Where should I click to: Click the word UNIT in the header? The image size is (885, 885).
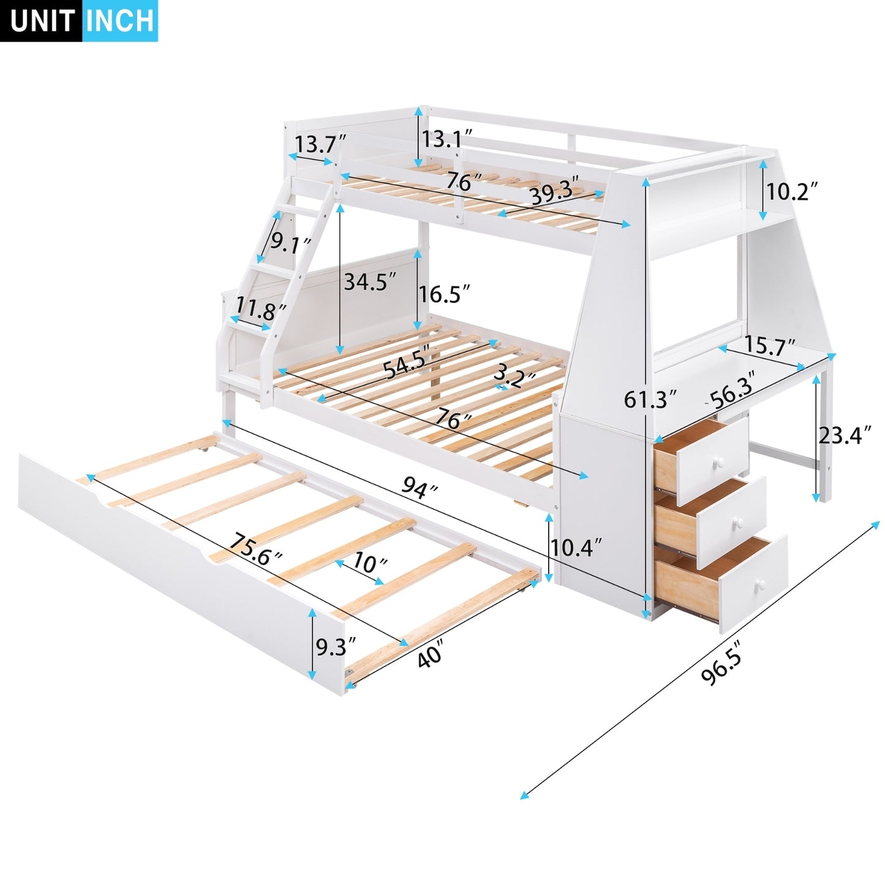(42, 21)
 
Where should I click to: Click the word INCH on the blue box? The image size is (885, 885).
(120, 21)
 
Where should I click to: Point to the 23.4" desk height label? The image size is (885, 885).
(845, 435)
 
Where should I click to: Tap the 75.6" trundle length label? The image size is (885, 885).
(255, 548)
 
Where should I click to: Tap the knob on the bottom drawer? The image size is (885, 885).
(759, 584)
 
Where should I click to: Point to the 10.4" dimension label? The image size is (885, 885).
(576, 547)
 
